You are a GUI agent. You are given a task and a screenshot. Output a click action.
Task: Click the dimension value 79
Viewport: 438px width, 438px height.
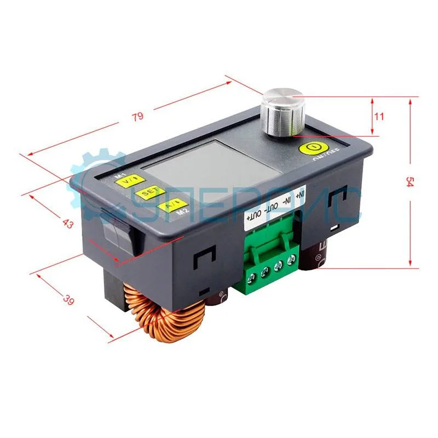137,116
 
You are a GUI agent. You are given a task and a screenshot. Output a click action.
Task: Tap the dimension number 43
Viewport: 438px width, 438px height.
68,223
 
